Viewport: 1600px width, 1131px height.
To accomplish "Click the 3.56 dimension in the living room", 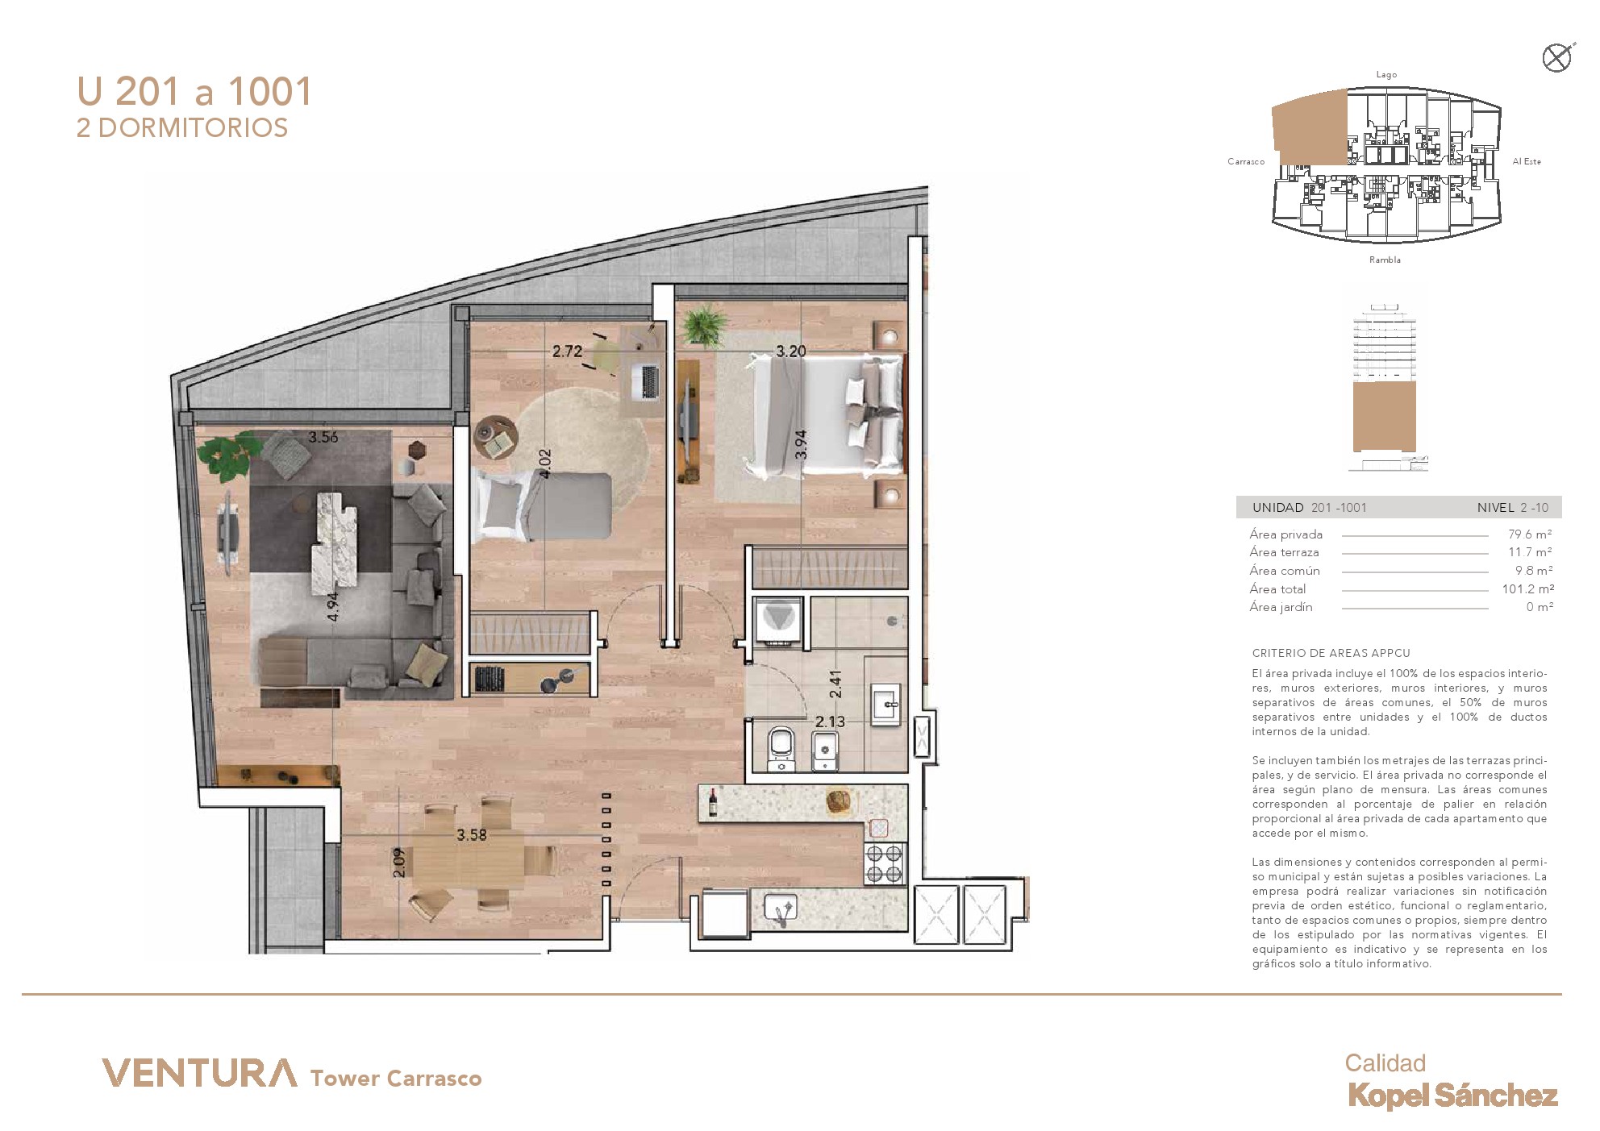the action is tap(323, 437).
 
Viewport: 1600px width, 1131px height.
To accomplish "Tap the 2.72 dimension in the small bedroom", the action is tap(567, 351).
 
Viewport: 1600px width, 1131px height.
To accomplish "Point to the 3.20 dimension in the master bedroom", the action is tap(791, 351).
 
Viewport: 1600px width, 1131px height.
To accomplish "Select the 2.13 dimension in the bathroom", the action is tap(830, 721).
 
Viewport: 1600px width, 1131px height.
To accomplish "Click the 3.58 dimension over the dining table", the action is tap(472, 835).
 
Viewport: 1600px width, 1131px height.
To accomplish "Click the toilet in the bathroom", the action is tap(781, 747).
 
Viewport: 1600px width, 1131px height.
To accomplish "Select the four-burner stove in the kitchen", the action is tap(884, 863).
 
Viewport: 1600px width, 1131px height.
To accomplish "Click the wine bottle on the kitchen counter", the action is tap(713, 802).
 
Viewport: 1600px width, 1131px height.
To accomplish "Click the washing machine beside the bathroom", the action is tap(778, 621).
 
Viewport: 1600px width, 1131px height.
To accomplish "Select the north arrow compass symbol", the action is tap(1557, 58).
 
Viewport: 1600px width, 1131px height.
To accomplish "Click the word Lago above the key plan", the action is tap(1386, 75).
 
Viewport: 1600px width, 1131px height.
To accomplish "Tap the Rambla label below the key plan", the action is tap(1385, 260).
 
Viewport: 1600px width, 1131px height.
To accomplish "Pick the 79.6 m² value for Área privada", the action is tap(1530, 534).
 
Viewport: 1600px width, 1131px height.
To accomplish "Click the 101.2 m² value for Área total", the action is tap(1527, 589).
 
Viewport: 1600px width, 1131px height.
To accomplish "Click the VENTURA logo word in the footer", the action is tap(199, 1073).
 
